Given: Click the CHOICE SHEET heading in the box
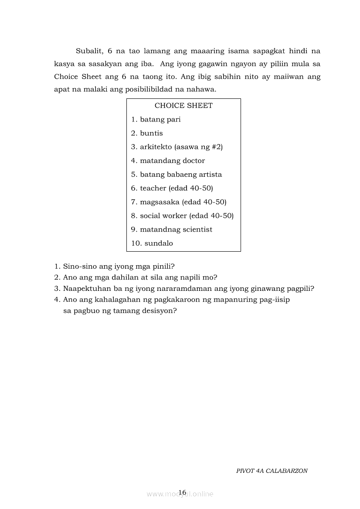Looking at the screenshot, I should pos(183,106).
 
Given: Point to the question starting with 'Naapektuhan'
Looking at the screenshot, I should pos(188,288).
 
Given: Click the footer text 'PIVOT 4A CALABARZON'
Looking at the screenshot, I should pos(272,471).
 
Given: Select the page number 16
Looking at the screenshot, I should pos(182,492).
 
